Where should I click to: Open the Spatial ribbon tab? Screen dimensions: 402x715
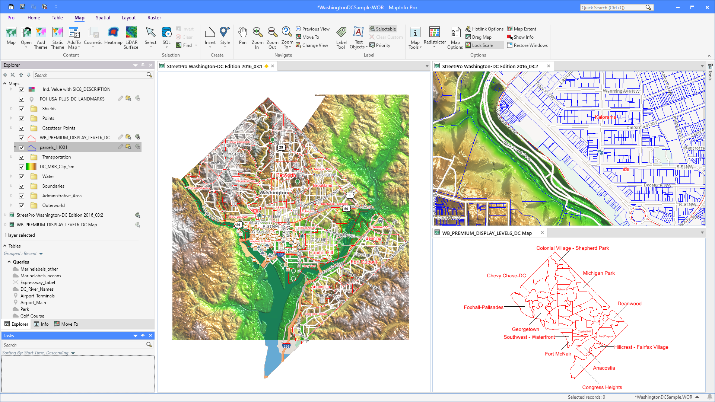103,17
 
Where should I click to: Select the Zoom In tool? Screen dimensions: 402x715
257,37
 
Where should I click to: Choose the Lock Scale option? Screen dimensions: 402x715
482,45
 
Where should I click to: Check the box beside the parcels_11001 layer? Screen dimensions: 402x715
22,147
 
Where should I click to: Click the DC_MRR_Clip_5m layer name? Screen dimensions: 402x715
57,167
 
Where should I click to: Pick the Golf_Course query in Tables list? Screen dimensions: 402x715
32,316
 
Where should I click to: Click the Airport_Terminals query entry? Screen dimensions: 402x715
37,296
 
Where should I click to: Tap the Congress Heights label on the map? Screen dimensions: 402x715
602,387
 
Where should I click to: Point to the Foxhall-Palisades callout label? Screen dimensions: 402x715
483,307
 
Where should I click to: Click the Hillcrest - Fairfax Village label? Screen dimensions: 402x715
641,347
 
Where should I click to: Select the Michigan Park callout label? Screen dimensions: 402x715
598,273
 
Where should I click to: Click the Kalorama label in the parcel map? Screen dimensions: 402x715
605,117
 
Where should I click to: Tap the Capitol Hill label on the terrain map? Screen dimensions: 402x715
321,253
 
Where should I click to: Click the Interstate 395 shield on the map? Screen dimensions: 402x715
280,255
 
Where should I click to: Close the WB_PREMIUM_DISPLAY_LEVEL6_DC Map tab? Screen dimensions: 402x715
542,233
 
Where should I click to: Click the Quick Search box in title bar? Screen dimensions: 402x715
613,7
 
